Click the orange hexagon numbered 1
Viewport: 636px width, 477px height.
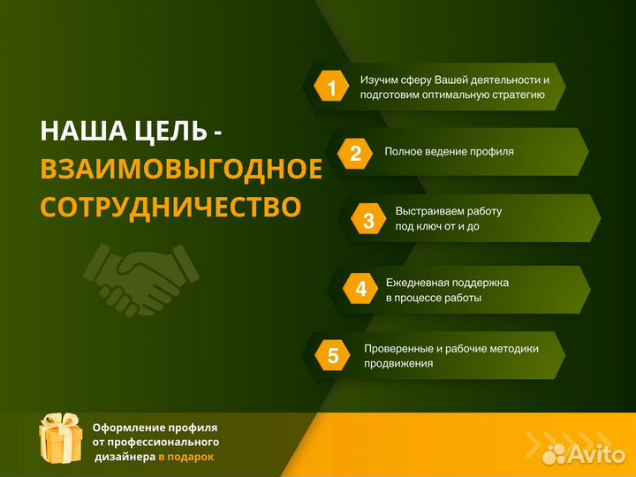(332, 87)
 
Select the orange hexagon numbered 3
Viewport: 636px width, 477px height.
(368, 220)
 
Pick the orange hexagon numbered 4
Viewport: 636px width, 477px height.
(360, 288)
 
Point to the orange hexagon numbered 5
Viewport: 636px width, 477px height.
(333, 356)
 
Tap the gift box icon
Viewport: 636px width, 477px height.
(61, 438)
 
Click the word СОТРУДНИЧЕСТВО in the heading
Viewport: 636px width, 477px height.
(170, 207)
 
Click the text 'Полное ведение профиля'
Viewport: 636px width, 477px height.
(449, 151)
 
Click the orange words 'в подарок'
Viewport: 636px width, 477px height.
(185, 457)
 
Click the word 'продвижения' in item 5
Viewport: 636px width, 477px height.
(398, 363)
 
